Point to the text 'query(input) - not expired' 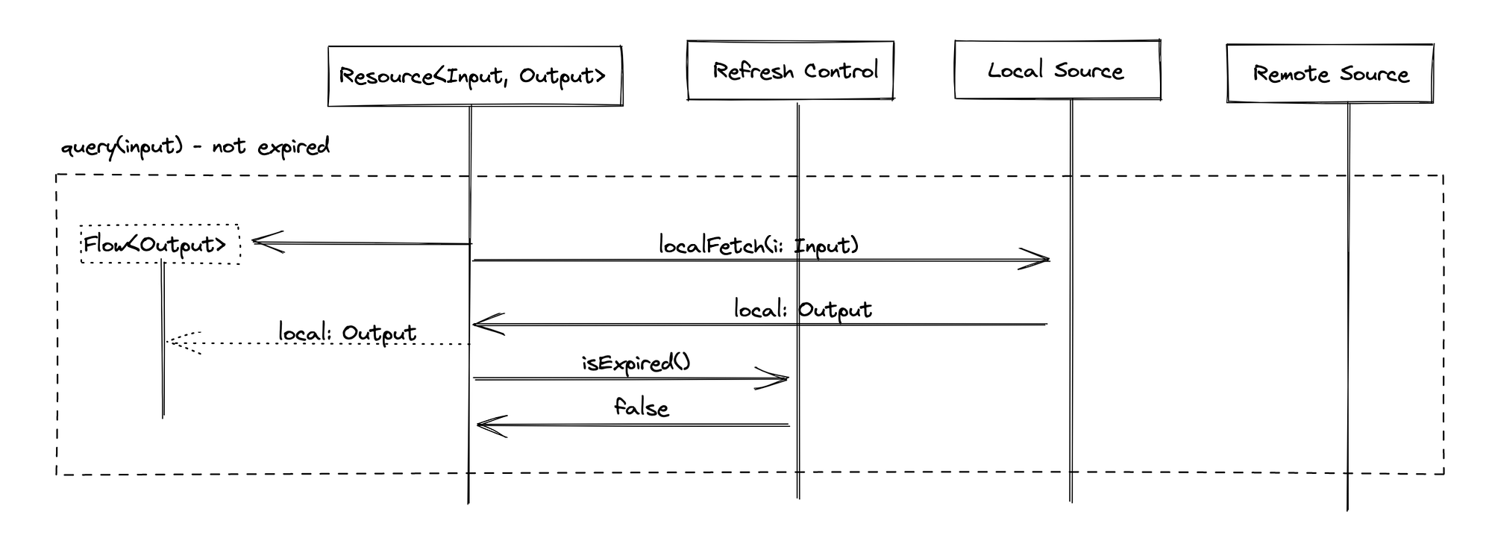click(195, 146)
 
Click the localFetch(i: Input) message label click(759, 246)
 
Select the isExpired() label click(636, 363)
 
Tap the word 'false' click(642, 407)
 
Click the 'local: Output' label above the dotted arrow click(347, 333)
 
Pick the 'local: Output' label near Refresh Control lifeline click(803, 310)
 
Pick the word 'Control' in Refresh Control click(841, 71)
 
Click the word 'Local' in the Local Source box click(1015, 70)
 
